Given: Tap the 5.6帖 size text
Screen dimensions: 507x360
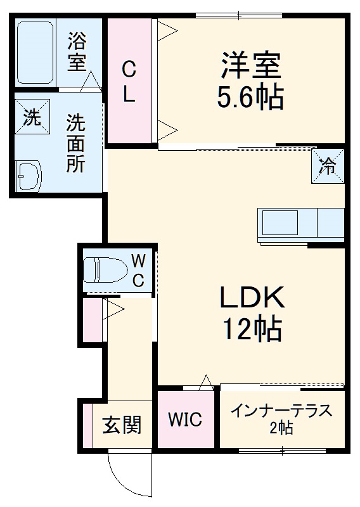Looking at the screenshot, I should click(250, 97).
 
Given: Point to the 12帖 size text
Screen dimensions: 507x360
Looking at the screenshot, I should click(252, 328).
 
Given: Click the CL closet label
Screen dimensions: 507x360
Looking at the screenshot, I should click(129, 80).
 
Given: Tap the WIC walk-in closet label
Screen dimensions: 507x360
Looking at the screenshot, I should click(184, 420).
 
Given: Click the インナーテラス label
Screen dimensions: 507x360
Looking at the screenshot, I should click(281, 411).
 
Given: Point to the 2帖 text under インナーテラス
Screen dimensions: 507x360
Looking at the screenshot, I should click(281, 429).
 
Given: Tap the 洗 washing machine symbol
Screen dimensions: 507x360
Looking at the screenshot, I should click(31, 117).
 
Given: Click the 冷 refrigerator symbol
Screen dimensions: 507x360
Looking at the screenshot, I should click(328, 165).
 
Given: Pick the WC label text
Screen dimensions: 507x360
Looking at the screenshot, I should click(139, 269).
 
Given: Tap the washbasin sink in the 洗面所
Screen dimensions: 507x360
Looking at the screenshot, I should click(29, 174).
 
